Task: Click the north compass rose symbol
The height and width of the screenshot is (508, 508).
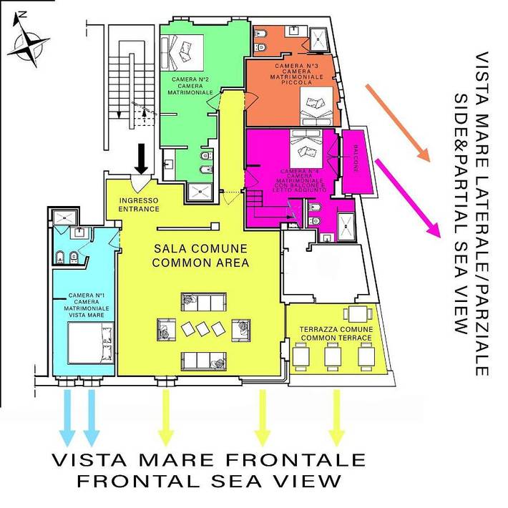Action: [x=29, y=41]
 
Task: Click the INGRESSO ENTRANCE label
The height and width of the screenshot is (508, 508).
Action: [x=139, y=205]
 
